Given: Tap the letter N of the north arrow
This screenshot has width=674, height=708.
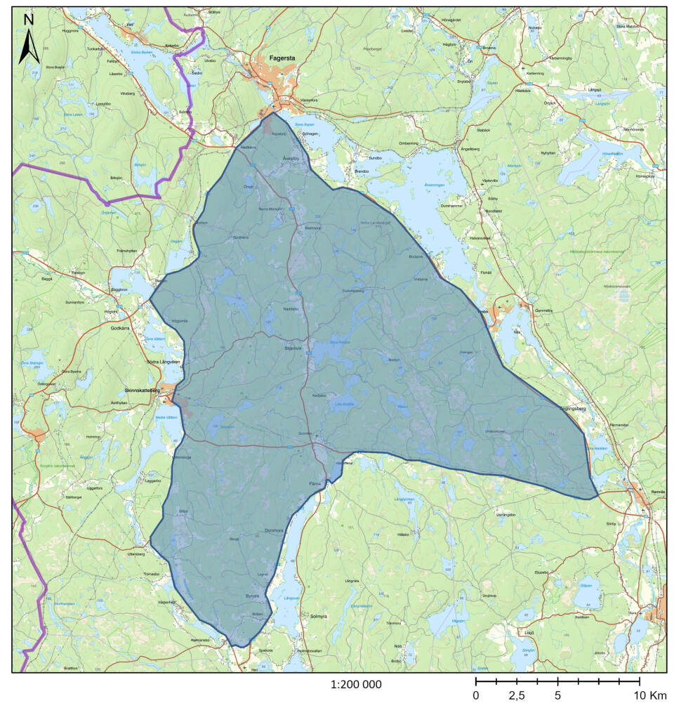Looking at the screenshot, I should pos(29,20).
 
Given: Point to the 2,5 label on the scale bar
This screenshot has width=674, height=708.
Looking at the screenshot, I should pos(517,695).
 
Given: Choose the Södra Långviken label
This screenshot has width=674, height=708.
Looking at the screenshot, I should pos(163,362).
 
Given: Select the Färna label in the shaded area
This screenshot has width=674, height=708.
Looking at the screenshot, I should pos(315,484).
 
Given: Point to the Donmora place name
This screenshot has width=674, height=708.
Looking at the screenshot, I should pos(274,530).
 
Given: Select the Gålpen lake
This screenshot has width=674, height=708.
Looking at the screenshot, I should pos(586,585).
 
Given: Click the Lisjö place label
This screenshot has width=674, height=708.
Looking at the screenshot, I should pos(529,632).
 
